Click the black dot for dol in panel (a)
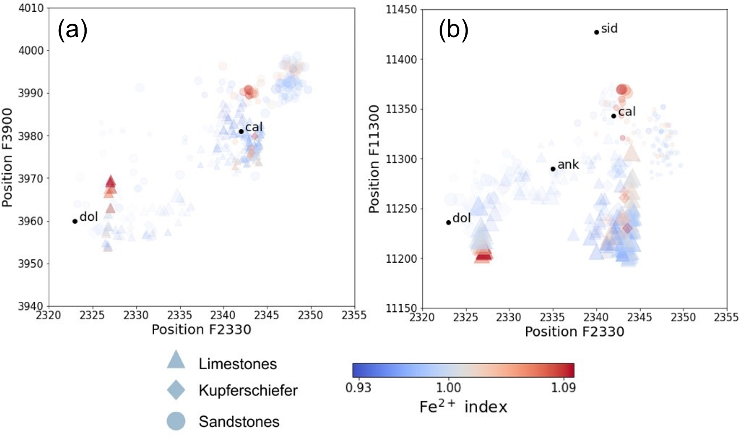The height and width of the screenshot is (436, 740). [x=75, y=221]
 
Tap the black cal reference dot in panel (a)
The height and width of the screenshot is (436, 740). [x=241, y=131]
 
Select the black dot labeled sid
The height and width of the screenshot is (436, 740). [x=596, y=32]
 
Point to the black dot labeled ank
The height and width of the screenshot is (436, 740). [x=553, y=169]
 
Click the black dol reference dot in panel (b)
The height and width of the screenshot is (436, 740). [x=448, y=222]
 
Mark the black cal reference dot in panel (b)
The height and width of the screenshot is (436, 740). [x=614, y=116]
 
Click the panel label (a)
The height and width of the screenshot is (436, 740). [x=72, y=30]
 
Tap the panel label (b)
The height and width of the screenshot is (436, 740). [x=453, y=30]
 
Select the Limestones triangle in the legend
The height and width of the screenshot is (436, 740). [x=176, y=360]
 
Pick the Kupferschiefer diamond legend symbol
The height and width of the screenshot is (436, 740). [x=176, y=390]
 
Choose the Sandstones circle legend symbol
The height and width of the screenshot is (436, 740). [x=176, y=421]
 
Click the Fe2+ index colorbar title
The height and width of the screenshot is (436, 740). [x=463, y=407]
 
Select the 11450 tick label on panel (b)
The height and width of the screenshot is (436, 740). [x=401, y=9]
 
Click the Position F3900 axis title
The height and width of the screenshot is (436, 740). [x=8, y=158]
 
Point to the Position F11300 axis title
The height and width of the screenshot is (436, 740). [x=374, y=159]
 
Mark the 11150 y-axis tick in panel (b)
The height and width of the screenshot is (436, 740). [x=401, y=308]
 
